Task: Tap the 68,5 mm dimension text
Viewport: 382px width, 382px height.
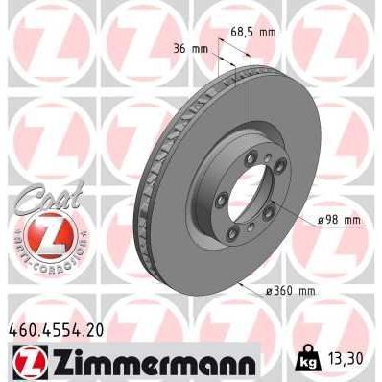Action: (252, 32)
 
